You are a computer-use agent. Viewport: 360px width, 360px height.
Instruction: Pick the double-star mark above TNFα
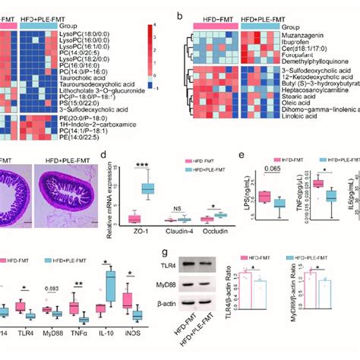(77, 284)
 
